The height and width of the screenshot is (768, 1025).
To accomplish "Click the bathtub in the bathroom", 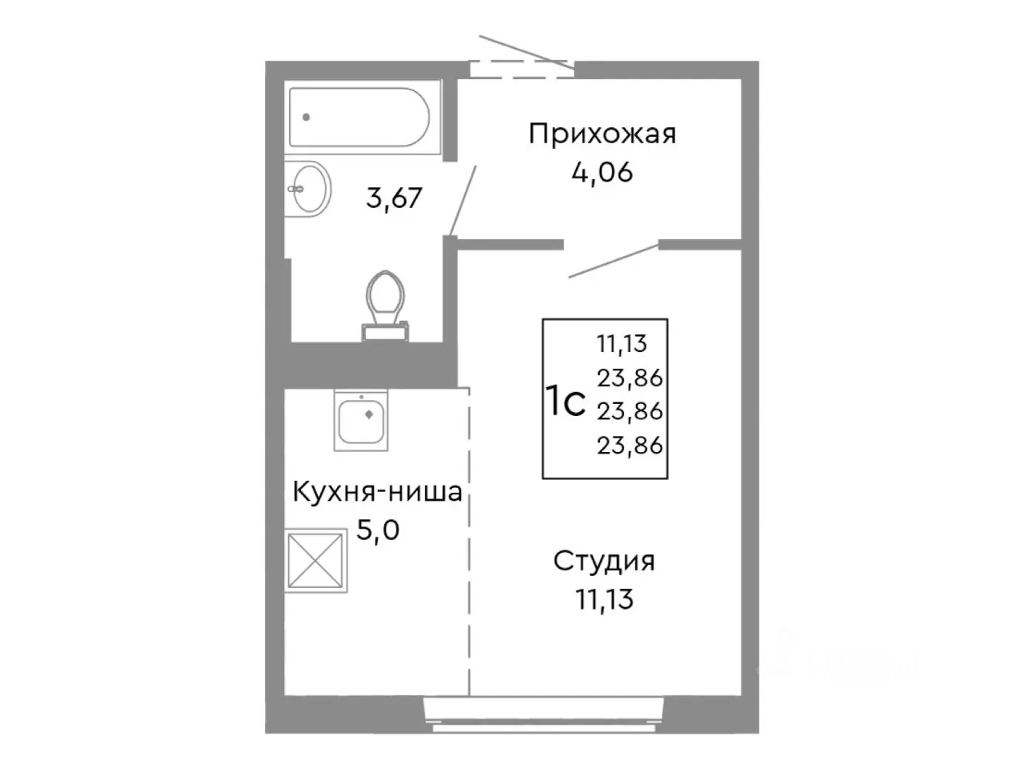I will click(360, 117).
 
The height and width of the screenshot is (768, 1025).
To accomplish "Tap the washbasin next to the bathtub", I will click(309, 188).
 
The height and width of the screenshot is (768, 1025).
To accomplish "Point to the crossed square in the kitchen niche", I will click(316, 560).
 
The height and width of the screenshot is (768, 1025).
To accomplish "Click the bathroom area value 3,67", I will click(393, 197).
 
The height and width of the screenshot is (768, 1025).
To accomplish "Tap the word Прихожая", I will click(602, 134).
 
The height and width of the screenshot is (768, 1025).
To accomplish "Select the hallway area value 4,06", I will click(602, 171).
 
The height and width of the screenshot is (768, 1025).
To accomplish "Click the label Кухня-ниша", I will click(377, 491).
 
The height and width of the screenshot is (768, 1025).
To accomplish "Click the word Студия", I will click(604, 561).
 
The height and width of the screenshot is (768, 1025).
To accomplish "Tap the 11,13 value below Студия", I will click(605, 598).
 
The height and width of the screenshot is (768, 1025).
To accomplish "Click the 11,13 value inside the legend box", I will click(621, 344).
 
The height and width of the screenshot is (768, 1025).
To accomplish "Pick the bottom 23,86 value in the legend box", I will click(629, 445).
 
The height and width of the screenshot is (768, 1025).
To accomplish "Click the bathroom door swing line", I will click(464, 199).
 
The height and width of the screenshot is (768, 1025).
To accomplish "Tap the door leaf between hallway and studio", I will click(613, 261).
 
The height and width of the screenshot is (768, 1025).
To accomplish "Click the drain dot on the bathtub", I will click(306, 117).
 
